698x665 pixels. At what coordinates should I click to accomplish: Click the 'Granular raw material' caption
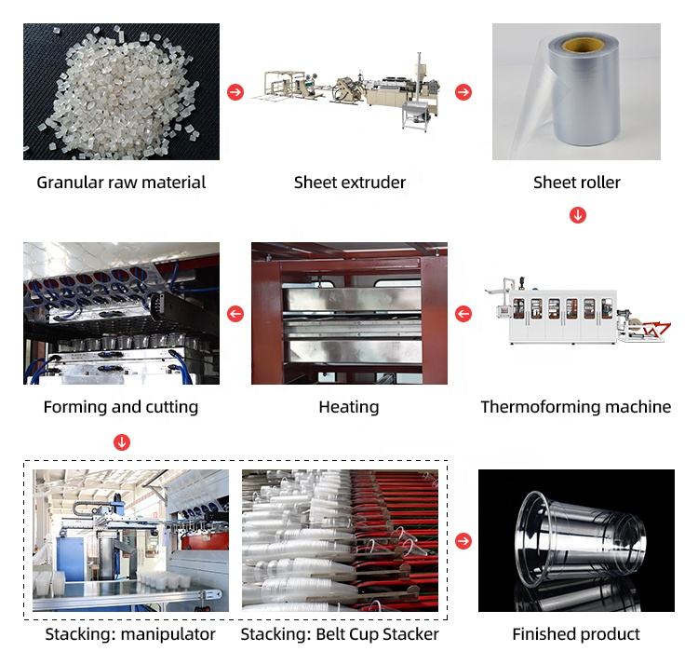(121, 183)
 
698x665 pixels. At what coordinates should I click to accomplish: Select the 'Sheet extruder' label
(350, 183)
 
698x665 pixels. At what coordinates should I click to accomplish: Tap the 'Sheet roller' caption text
(577, 183)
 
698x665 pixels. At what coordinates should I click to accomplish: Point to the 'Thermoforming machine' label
(576, 407)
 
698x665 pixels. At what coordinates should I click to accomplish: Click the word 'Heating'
(349, 407)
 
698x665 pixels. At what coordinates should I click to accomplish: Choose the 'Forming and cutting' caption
(121, 407)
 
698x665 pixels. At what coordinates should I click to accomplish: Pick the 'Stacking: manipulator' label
(130, 634)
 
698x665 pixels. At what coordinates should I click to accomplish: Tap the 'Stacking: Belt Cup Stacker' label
(340, 634)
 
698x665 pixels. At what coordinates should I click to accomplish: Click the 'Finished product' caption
(576, 634)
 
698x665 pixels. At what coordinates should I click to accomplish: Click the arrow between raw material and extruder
(235, 92)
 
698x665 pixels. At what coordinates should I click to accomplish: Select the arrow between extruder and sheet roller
(463, 92)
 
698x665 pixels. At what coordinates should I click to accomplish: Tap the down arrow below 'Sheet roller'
(578, 215)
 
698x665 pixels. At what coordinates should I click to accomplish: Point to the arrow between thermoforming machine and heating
(463, 314)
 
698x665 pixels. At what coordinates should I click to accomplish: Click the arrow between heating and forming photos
(235, 314)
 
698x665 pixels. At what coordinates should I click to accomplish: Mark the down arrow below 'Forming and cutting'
(121, 441)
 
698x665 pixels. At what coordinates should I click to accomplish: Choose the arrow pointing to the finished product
(463, 541)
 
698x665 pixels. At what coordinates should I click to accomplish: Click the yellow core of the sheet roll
(582, 45)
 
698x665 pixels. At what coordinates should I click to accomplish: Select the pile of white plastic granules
(116, 88)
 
